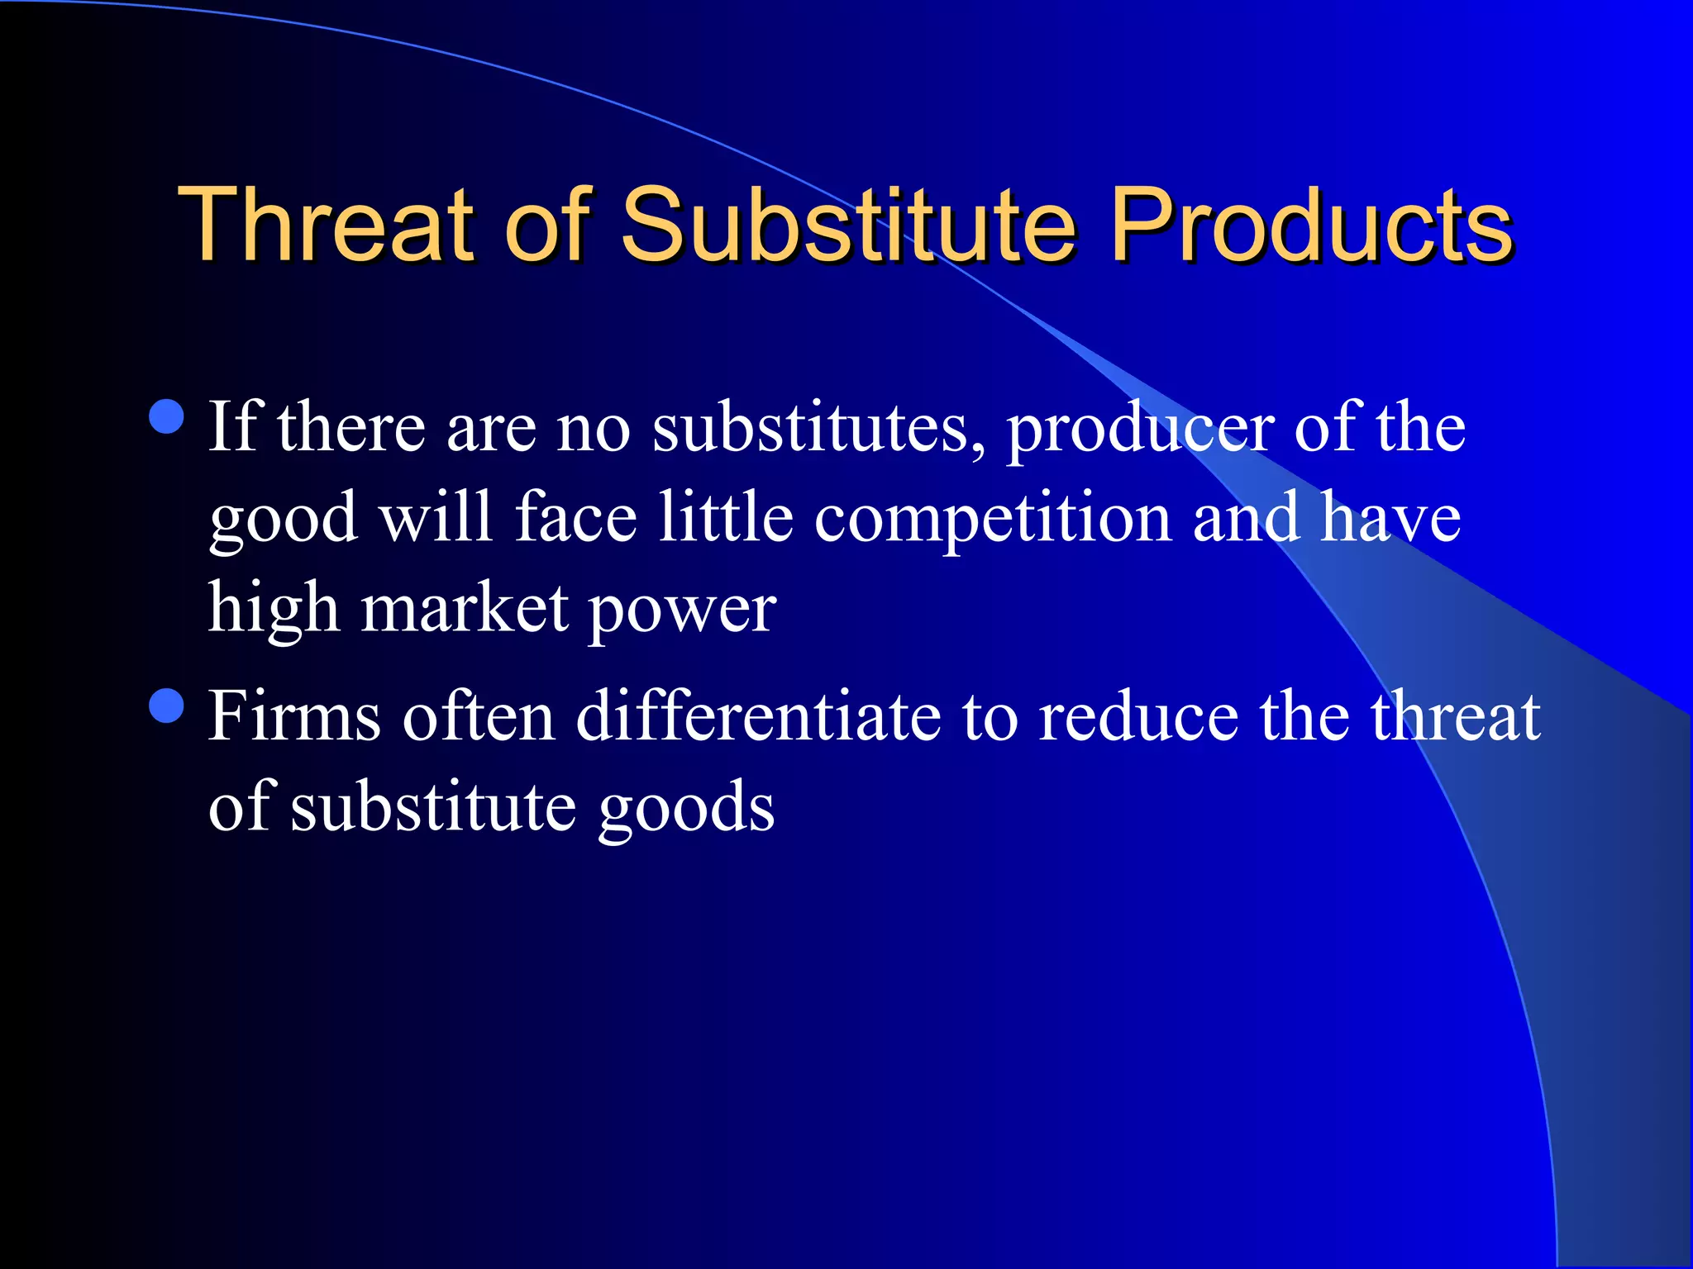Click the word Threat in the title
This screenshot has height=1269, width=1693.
326,225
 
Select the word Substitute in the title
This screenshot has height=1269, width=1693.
848,225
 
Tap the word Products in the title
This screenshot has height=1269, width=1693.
1310,225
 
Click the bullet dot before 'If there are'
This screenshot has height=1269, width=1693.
167,416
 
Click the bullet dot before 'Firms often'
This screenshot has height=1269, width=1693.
167,706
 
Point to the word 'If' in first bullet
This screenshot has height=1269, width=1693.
235,427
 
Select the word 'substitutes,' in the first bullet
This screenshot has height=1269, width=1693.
818,429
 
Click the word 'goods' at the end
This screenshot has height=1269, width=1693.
686,809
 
